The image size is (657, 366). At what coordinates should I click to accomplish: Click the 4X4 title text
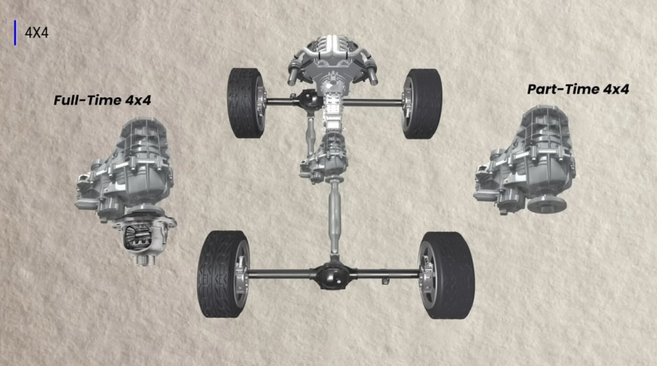36,32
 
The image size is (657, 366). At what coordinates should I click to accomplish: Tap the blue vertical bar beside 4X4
16,32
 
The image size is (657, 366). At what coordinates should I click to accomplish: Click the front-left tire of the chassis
246,103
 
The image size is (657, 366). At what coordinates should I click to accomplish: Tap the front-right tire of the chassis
422,103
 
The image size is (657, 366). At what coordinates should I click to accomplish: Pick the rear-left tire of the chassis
224,274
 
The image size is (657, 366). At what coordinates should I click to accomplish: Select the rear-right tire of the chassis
446,275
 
